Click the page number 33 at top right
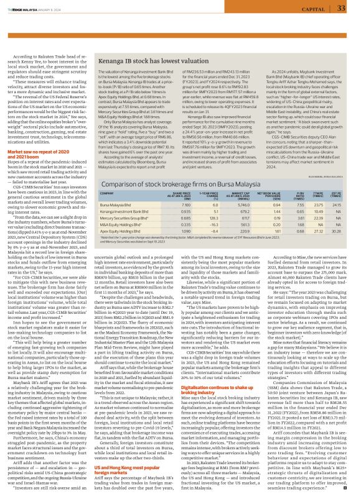pyautogui.click(x=340, y=8)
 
